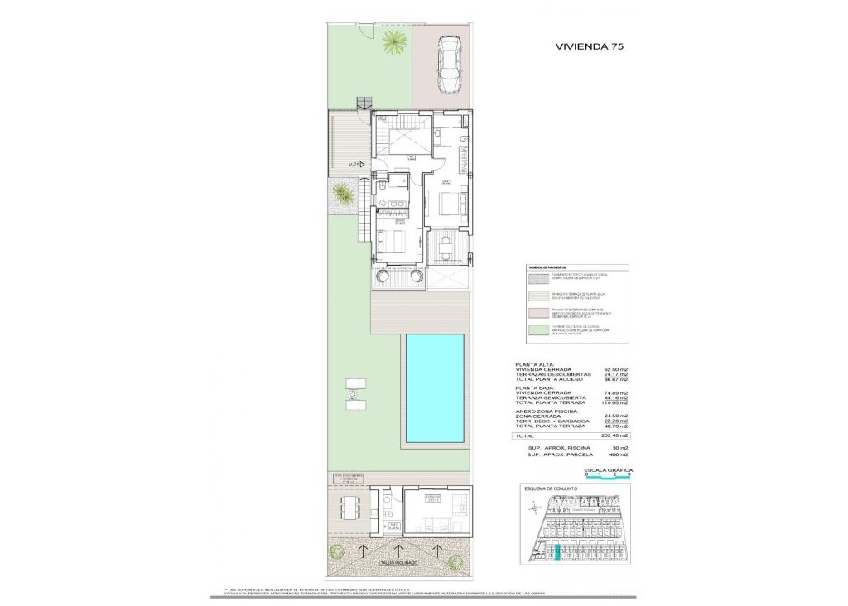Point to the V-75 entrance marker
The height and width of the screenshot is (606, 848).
(355, 166)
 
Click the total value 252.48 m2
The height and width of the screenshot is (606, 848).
(616, 435)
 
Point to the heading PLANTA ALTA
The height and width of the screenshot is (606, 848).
(535, 364)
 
